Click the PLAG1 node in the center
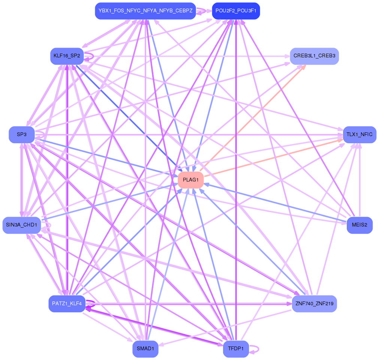click(x=191, y=180)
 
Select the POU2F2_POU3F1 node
click(x=236, y=11)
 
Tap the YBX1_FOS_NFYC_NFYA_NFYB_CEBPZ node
click(x=145, y=11)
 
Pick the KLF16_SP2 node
click(x=67, y=56)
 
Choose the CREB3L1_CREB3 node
click(x=314, y=56)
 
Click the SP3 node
click(x=22, y=134)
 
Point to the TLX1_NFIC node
click(x=359, y=134)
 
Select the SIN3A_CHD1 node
click(x=22, y=225)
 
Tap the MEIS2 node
click(x=360, y=225)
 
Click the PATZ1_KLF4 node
click(x=67, y=303)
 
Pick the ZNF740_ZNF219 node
click(x=314, y=303)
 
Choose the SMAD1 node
click(x=145, y=349)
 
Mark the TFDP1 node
click(x=236, y=349)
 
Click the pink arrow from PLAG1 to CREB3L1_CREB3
click(x=255, y=116)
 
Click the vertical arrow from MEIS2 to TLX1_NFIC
click(x=360, y=180)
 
